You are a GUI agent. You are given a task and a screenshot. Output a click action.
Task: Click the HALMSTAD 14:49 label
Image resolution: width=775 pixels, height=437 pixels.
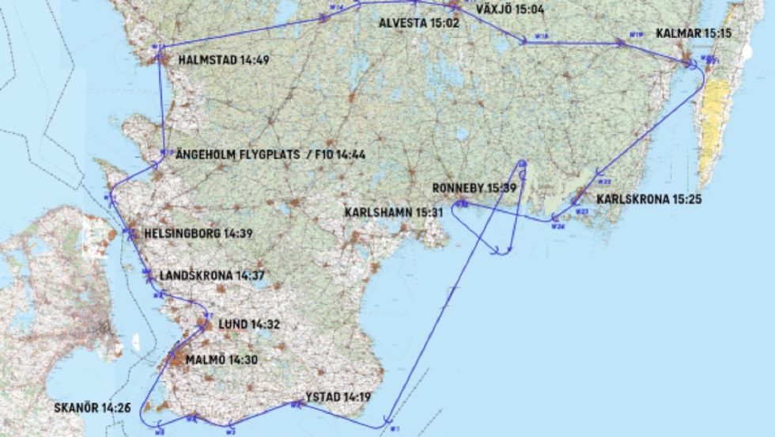[x=223, y=59]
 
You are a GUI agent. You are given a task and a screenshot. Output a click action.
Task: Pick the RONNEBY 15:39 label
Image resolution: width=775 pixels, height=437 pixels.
[x=474, y=188]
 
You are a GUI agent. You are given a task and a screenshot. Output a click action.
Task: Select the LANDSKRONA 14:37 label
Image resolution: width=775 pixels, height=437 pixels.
[x=212, y=275]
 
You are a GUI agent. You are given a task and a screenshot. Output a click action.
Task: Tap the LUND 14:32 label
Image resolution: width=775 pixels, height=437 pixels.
[x=249, y=324]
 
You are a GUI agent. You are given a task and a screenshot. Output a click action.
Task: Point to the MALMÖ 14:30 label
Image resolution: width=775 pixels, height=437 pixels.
[x=221, y=359]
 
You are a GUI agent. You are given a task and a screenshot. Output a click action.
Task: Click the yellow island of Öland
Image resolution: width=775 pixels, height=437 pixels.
[x=716, y=119]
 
